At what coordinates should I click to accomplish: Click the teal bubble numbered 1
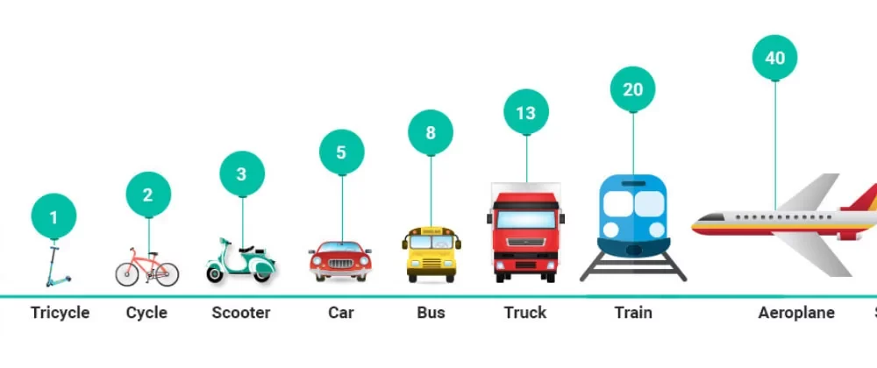point(54,216)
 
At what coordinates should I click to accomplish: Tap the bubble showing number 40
point(775,58)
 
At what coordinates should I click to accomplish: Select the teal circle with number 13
point(526,112)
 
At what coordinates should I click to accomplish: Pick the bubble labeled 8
point(431,133)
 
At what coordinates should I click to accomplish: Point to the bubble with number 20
point(633,88)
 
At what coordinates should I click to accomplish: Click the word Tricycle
point(60,313)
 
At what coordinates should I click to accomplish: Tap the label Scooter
point(241,313)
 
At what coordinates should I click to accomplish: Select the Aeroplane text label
point(796,313)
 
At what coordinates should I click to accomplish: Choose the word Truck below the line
point(525,313)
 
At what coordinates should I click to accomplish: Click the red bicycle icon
point(147,266)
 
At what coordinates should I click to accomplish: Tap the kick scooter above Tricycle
point(57,266)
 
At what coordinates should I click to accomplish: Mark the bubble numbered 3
point(242,173)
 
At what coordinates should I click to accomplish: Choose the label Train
point(633,313)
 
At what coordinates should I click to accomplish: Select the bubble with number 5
point(341,152)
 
